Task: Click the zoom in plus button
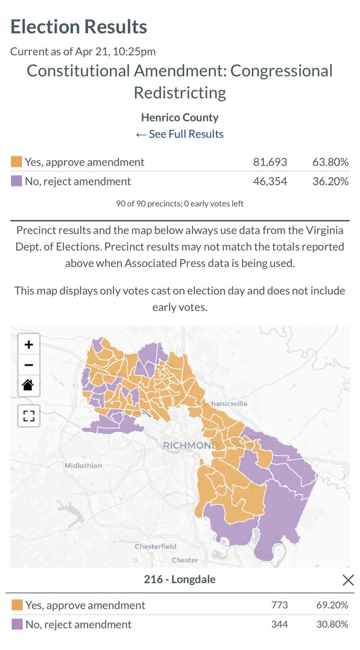[x=29, y=344]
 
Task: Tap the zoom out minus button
[x=29, y=365]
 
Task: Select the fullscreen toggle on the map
[x=29, y=416]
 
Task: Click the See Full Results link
[x=180, y=134]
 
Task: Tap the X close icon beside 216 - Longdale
[x=348, y=580]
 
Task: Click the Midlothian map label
[x=83, y=466]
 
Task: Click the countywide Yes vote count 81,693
[x=270, y=162]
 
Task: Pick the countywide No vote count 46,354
[x=270, y=181]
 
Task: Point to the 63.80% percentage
[x=330, y=162]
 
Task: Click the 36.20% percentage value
[x=330, y=181]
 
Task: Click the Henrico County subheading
[x=180, y=117]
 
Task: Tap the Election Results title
[x=78, y=27]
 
